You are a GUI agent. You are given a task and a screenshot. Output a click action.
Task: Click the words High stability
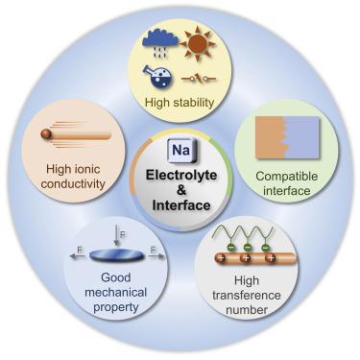pyautogui.click(x=179, y=102)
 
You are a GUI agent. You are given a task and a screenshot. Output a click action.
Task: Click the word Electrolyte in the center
pyautogui.click(x=180, y=174)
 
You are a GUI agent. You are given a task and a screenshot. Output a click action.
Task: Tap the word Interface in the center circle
pyautogui.click(x=180, y=204)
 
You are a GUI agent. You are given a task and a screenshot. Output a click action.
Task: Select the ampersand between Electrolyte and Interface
pyautogui.click(x=180, y=189)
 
